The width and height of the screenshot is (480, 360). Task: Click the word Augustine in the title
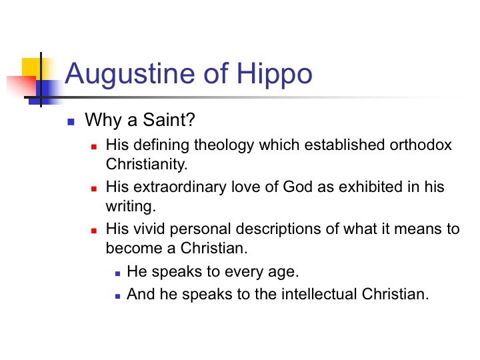click(130, 75)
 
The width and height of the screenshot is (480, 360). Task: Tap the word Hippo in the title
click(274, 75)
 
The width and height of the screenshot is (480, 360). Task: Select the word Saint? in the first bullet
click(169, 119)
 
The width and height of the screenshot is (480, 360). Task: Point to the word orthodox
click(421, 145)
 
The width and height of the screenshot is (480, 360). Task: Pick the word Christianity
click(146, 165)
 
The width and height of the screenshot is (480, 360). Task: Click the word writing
click(131, 207)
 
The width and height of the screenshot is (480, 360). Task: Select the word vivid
click(150, 229)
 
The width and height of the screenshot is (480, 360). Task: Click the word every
click(243, 272)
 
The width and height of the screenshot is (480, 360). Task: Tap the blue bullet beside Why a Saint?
click(71, 122)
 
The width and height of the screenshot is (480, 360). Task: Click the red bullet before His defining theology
click(94, 147)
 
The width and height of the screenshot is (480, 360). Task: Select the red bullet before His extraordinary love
click(94, 189)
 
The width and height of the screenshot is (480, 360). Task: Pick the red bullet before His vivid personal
click(94, 231)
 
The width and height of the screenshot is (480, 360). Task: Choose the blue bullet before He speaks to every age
click(118, 274)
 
